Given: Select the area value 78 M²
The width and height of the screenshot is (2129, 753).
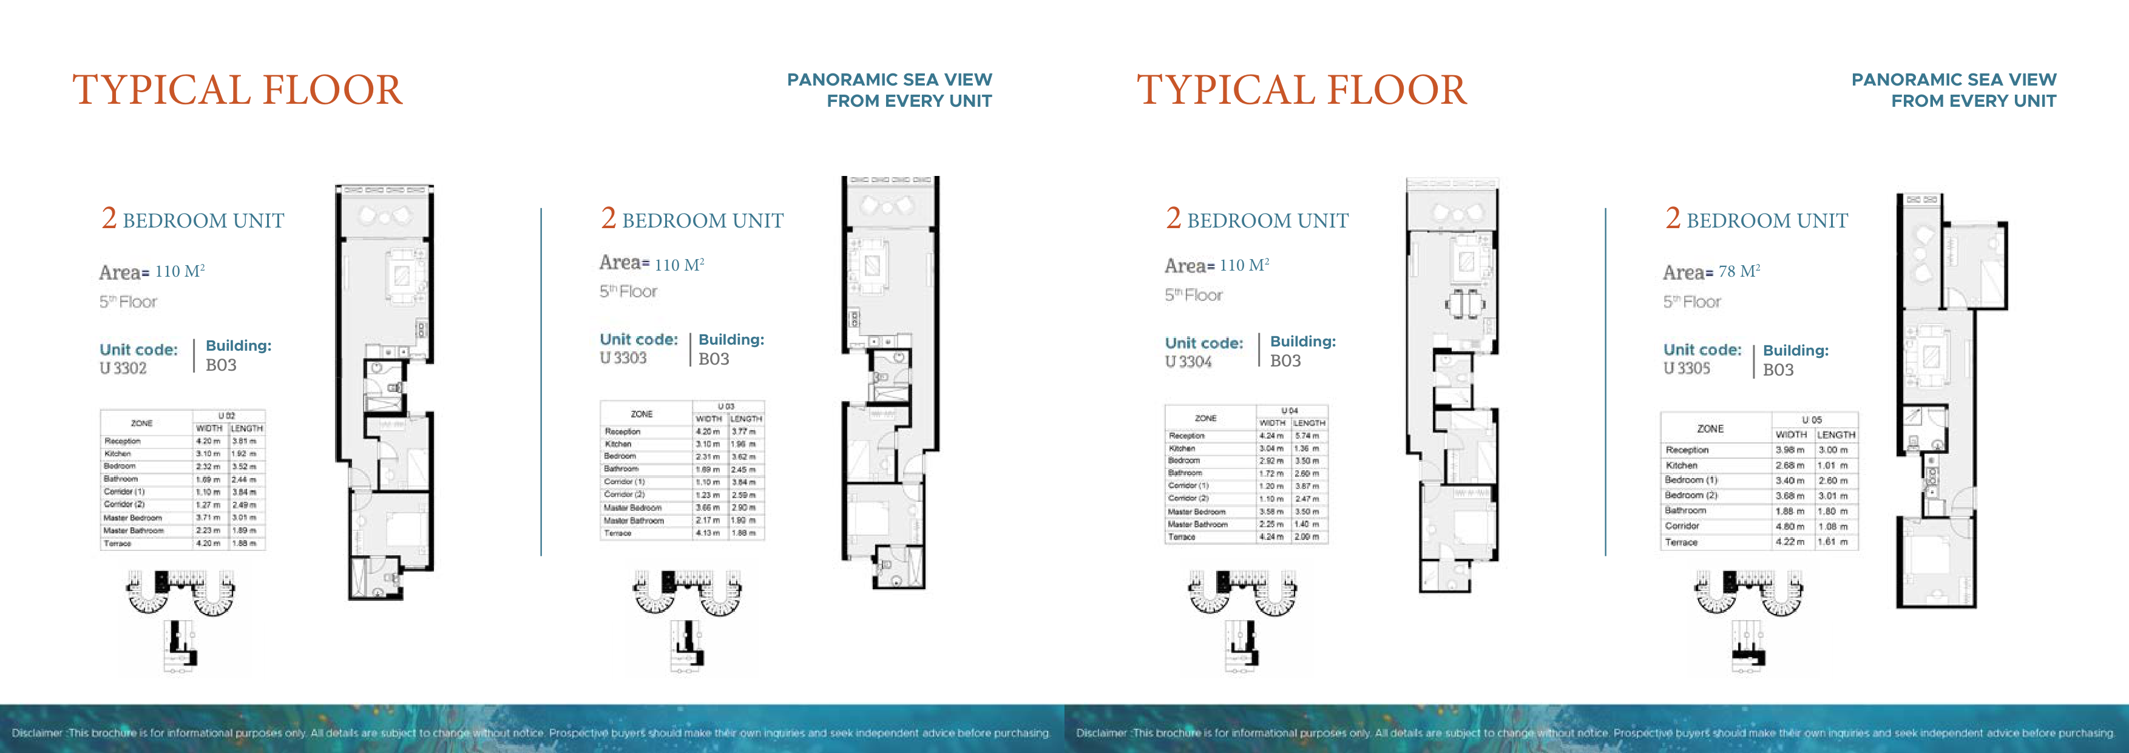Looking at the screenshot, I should (1738, 271).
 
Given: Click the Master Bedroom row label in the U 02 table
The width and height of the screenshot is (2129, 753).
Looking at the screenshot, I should (132, 518).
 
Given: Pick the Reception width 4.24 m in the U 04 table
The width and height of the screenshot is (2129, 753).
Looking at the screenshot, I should (1271, 436).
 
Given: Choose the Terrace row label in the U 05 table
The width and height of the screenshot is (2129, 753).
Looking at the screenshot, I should (1681, 542).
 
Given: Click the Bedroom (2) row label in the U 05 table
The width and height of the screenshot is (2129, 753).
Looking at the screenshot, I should (1690, 495).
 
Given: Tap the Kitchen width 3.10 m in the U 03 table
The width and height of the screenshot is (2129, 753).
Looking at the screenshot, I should (708, 444).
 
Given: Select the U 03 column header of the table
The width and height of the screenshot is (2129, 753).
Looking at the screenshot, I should (726, 407).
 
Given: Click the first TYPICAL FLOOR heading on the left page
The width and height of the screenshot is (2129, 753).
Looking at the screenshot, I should (237, 90).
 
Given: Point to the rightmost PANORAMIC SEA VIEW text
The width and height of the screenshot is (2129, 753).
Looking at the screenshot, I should (1954, 80).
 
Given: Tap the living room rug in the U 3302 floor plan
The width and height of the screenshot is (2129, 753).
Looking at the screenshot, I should (402, 275).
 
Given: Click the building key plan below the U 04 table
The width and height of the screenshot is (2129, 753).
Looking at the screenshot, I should (1241, 620).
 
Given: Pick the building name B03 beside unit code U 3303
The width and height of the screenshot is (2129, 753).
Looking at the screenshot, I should (713, 359).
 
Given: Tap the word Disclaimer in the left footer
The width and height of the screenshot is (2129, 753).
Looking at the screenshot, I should (36, 733).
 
